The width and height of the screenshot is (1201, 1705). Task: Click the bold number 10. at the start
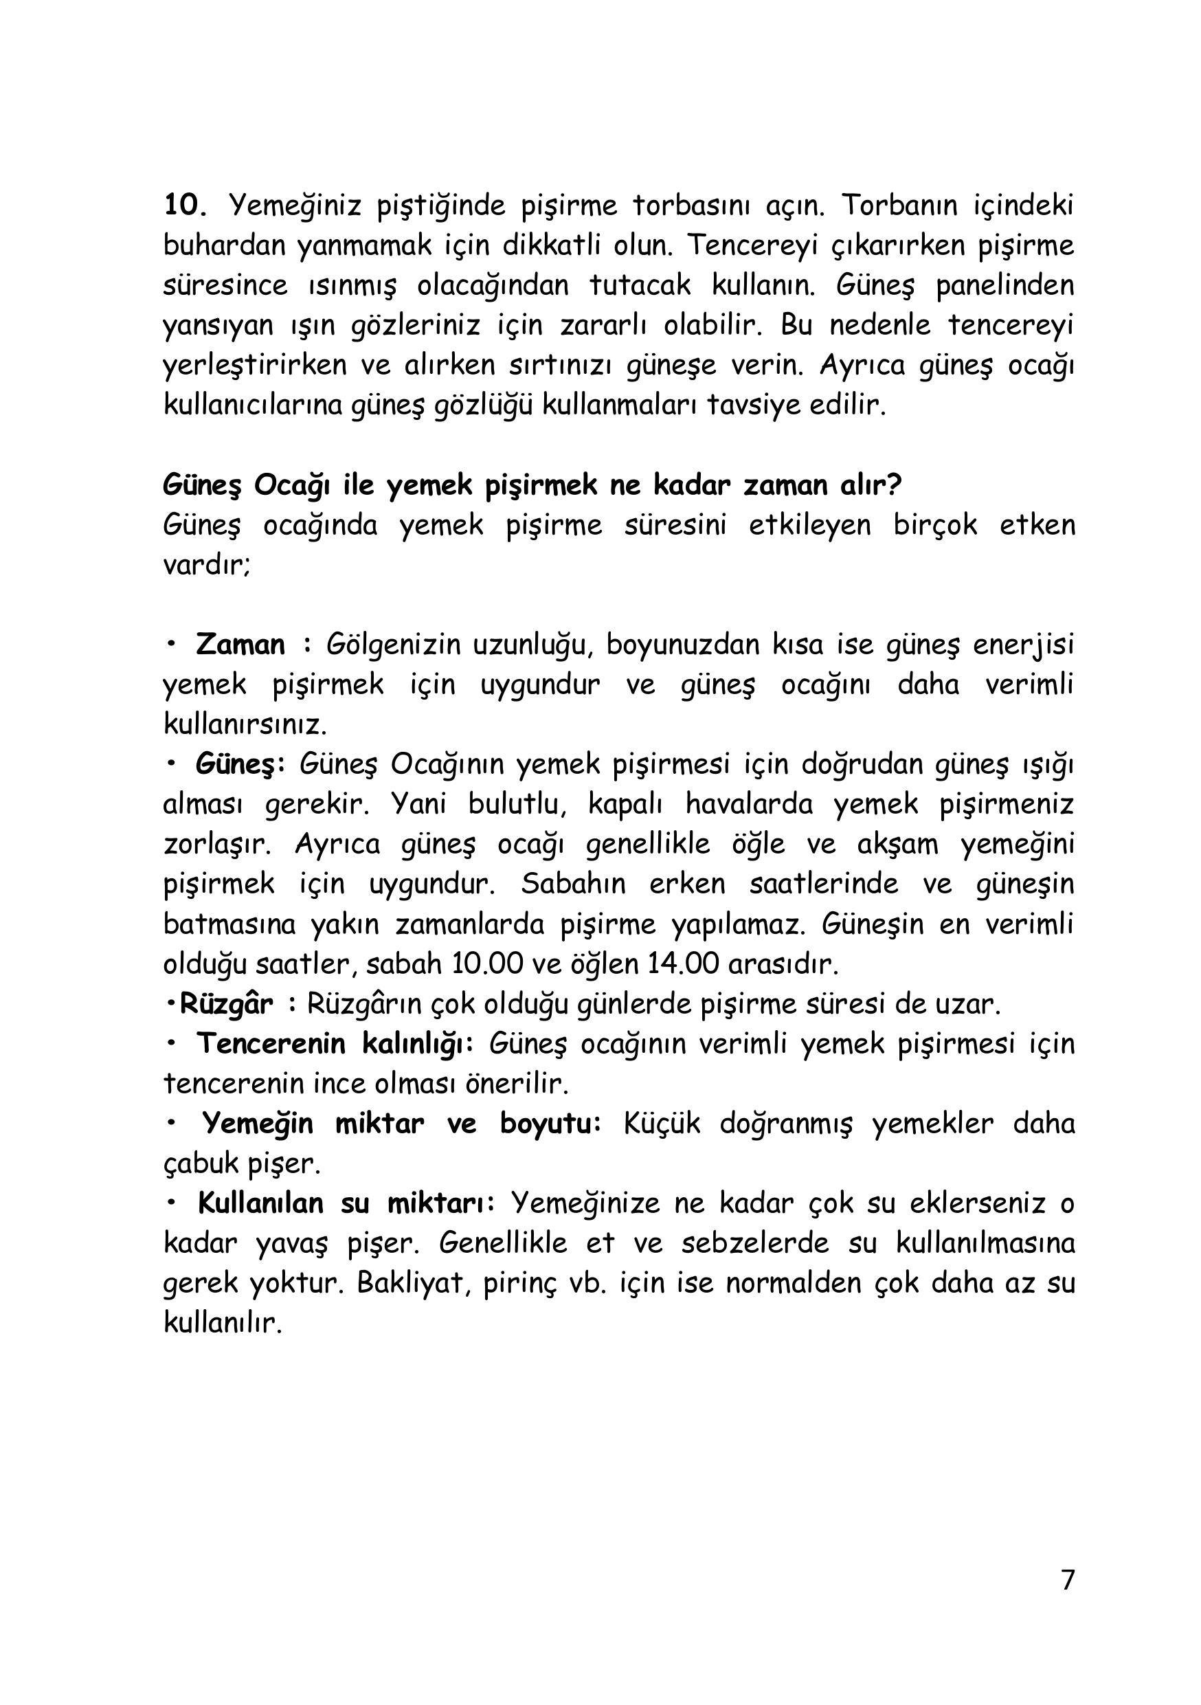click(184, 204)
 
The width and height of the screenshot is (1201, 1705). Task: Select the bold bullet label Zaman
click(240, 644)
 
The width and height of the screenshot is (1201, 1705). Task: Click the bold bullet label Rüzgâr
click(227, 1004)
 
